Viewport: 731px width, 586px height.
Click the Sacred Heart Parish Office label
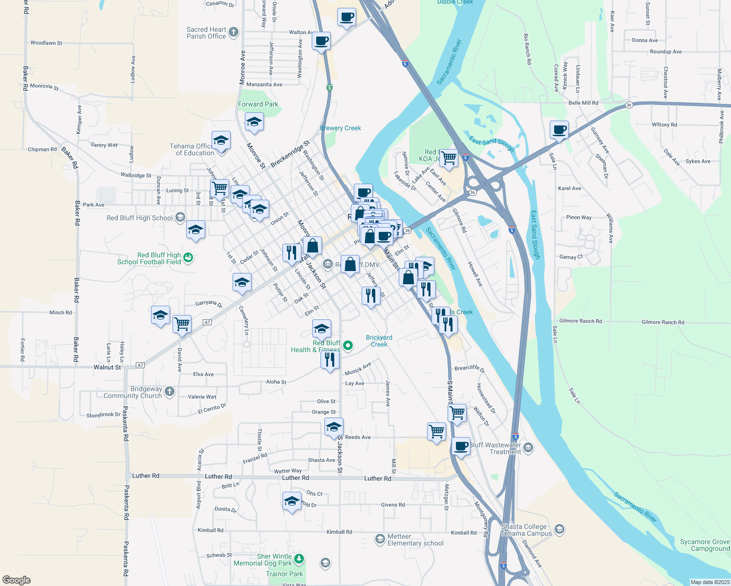[206, 33]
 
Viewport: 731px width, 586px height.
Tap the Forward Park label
[258, 104]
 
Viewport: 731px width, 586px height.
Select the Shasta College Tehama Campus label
[527, 530]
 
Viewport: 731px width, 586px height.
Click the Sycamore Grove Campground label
[705, 545]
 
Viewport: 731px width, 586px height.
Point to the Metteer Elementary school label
[415, 540]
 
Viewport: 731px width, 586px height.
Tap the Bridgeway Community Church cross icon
[170, 391]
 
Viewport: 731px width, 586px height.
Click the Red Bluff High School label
[140, 218]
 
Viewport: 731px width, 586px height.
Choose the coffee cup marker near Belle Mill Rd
[559, 130]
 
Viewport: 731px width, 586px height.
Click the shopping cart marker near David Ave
[182, 324]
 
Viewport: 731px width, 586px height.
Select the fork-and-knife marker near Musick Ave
[330, 360]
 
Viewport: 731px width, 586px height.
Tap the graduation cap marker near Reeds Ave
[334, 427]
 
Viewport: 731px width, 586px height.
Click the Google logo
[16, 580]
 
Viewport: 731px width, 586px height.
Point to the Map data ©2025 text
[709, 582]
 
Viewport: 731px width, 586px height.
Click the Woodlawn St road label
[46, 43]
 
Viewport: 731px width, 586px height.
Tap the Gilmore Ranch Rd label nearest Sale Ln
[580, 321]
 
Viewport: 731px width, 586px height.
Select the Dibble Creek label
[455, 2]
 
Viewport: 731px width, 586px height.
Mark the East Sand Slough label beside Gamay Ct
[535, 235]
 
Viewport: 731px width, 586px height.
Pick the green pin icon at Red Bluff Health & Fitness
[348, 346]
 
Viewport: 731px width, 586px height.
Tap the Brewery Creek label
[341, 128]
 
